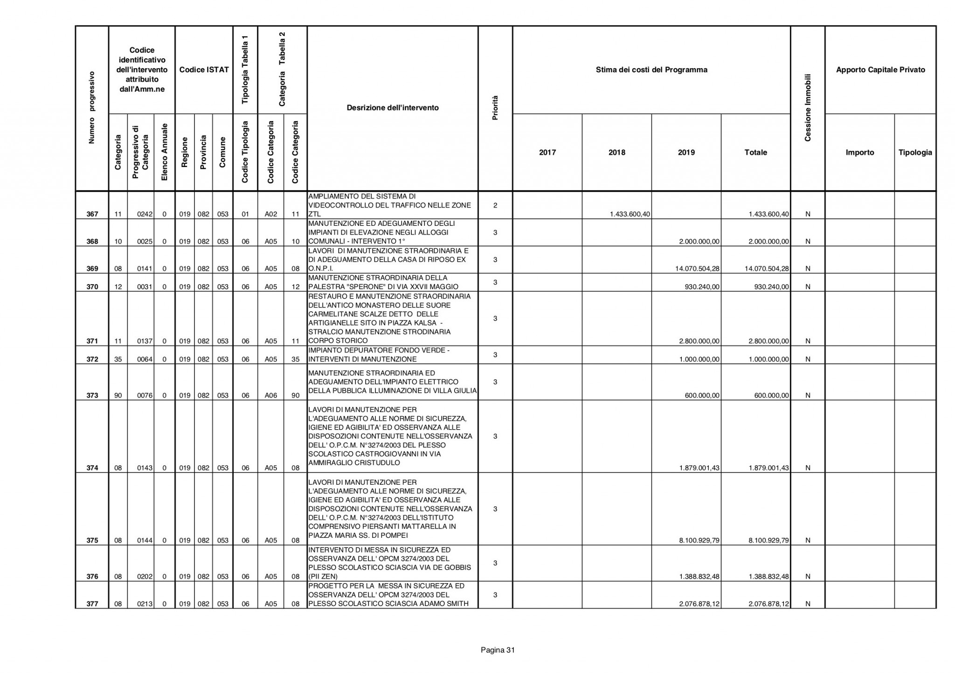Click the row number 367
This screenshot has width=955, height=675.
(92, 214)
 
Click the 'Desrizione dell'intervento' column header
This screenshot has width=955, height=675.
(393, 108)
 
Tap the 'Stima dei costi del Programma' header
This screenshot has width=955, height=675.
(651, 70)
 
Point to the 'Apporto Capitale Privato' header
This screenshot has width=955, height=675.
(880, 70)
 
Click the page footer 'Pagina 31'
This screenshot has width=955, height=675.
(498, 650)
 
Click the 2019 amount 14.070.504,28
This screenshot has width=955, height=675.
(697, 269)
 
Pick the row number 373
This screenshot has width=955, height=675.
(92, 396)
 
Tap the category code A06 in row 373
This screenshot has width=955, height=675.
(271, 396)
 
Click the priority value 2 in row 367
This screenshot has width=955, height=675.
(495, 205)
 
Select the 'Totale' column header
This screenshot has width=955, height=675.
(755, 153)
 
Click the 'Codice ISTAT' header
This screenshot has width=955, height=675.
(204, 70)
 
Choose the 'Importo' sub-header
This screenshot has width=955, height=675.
(859, 153)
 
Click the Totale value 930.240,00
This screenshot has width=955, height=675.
(771, 287)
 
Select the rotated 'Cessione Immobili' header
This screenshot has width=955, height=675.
(808, 108)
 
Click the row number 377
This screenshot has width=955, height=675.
(92, 604)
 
